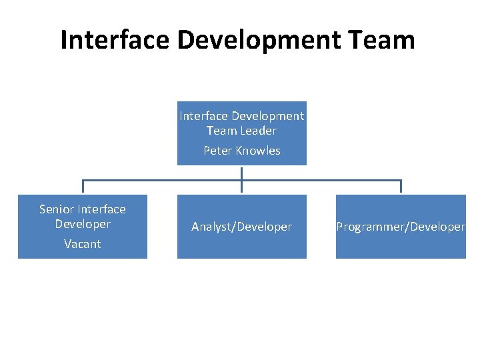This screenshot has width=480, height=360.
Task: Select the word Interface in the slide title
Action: click(x=113, y=39)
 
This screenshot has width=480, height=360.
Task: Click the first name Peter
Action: click(x=218, y=151)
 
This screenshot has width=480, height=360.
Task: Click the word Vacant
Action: click(x=83, y=244)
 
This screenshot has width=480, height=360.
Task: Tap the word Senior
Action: click(x=57, y=209)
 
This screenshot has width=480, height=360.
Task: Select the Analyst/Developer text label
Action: click(x=241, y=227)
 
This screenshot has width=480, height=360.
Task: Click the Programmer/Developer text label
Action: click(x=401, y=227)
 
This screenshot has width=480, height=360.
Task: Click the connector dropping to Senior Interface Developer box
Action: click(x=83, y=187)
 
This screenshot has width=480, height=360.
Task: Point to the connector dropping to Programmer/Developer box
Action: click(x=401, y=187)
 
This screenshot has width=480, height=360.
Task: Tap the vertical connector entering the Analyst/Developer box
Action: click(x=241, y=189)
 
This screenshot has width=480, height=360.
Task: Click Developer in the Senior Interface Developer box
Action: click(x=83, y=224)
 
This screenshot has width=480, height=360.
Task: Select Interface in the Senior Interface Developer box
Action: click(x=101, y=209)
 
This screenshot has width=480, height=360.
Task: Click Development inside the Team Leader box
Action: click(x=271, y=116)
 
